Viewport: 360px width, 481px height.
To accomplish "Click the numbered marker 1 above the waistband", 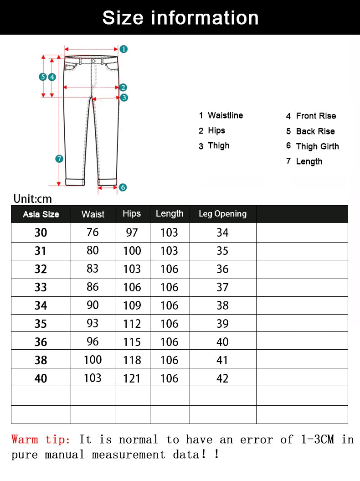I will coord(123,49).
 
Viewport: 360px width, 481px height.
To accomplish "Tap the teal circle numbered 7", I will coord(59,159).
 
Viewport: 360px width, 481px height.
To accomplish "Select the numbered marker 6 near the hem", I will coord(123,187).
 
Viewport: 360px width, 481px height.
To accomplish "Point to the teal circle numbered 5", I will coord(43,77).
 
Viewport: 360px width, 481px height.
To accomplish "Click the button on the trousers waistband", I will coord(93,61).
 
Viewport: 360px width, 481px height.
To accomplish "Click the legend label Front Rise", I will coord(316,116).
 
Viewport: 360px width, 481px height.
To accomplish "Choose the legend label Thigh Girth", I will coord(317,146).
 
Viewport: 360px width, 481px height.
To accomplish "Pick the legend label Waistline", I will coord(225,115).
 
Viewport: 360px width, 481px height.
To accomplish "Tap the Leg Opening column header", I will coord(222,214).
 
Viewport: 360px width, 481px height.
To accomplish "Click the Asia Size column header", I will coord(41,214).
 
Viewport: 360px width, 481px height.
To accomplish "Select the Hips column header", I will coord(132,213).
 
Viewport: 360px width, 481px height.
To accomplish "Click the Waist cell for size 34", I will coord(93,305).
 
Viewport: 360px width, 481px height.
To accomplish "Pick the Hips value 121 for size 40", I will coord(132,378).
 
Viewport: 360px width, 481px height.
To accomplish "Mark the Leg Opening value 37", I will coord(222,287).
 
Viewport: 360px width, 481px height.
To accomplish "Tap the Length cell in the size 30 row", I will coord(169,233).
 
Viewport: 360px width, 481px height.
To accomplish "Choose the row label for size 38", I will coord(41,360).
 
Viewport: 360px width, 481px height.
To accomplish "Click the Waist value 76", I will coord(93,233).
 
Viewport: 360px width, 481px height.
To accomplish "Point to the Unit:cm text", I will coord(33,199).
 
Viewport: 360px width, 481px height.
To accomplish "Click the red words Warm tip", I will coord(41,440).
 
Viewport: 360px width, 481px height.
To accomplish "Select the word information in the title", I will coord(205,18).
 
